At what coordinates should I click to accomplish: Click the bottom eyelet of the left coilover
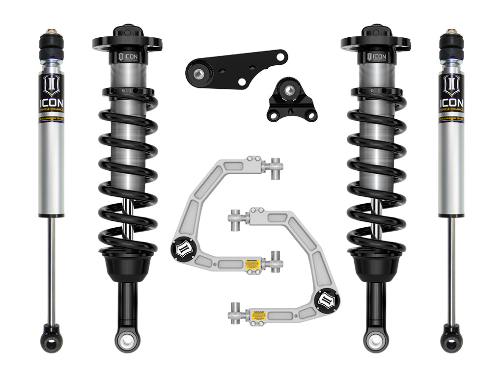tap(125, 339)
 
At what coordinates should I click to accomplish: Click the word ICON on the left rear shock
tap(51, 102)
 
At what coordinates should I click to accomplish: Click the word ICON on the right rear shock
tap(451, 102)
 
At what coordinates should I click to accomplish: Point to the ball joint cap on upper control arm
tap(180, 247)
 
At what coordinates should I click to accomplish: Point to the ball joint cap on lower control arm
tap(326, 300)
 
